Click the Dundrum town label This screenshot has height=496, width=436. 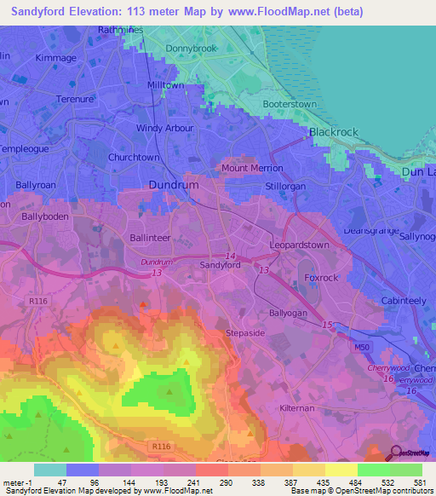(x=173, y=184)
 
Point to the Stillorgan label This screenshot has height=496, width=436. (x=285, y=185)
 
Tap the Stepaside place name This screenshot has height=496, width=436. (x=246, y=332)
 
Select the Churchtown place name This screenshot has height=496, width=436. (x=133, y=158)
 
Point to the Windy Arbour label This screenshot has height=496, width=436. (x=165, y=129)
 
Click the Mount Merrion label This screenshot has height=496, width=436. (x=252, y=169)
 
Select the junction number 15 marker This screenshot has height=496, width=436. (x=327, y=325)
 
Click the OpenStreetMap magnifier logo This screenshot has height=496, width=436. (x=396, y=454)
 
